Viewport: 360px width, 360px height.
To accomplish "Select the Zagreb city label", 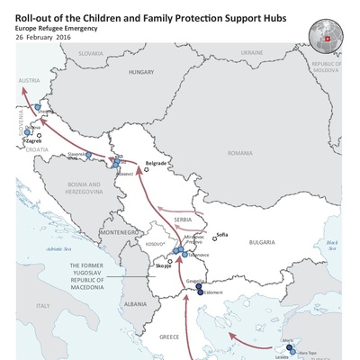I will point(34,141).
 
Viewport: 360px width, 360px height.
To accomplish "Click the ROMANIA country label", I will point(241,154).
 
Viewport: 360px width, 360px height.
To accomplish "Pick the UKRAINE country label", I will point(253,53).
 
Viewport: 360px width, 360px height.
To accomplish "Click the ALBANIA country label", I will point(136,304).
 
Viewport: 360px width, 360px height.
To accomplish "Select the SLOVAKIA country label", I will point(91,53).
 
